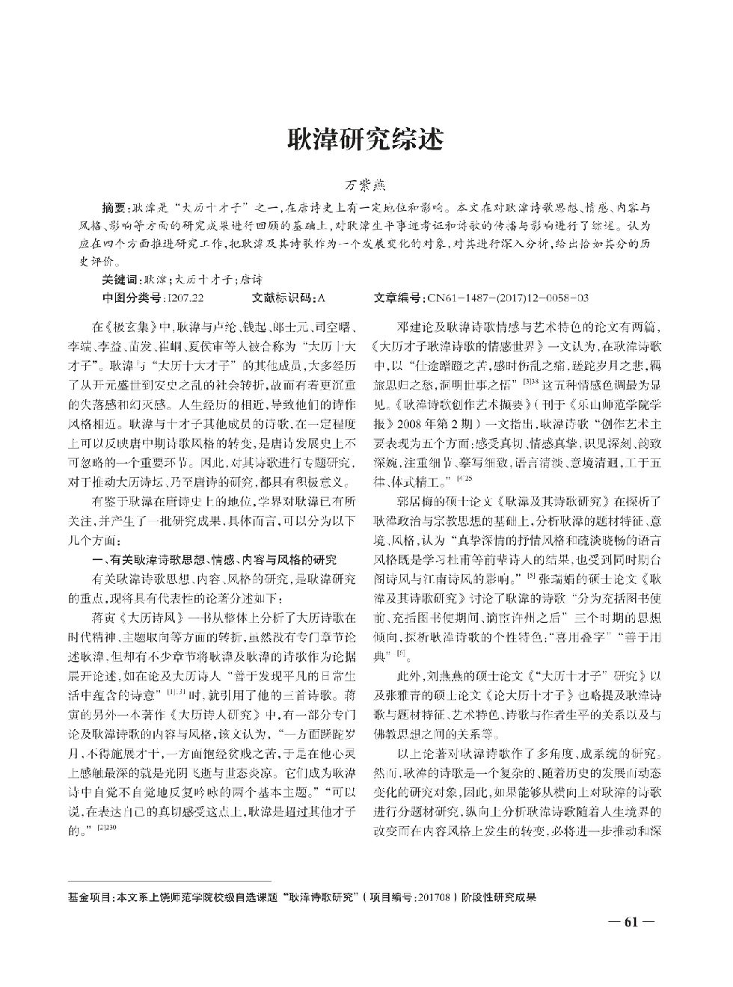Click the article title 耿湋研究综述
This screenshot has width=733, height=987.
tap(366, 139)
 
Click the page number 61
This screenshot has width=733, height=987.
tap(630, 921)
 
